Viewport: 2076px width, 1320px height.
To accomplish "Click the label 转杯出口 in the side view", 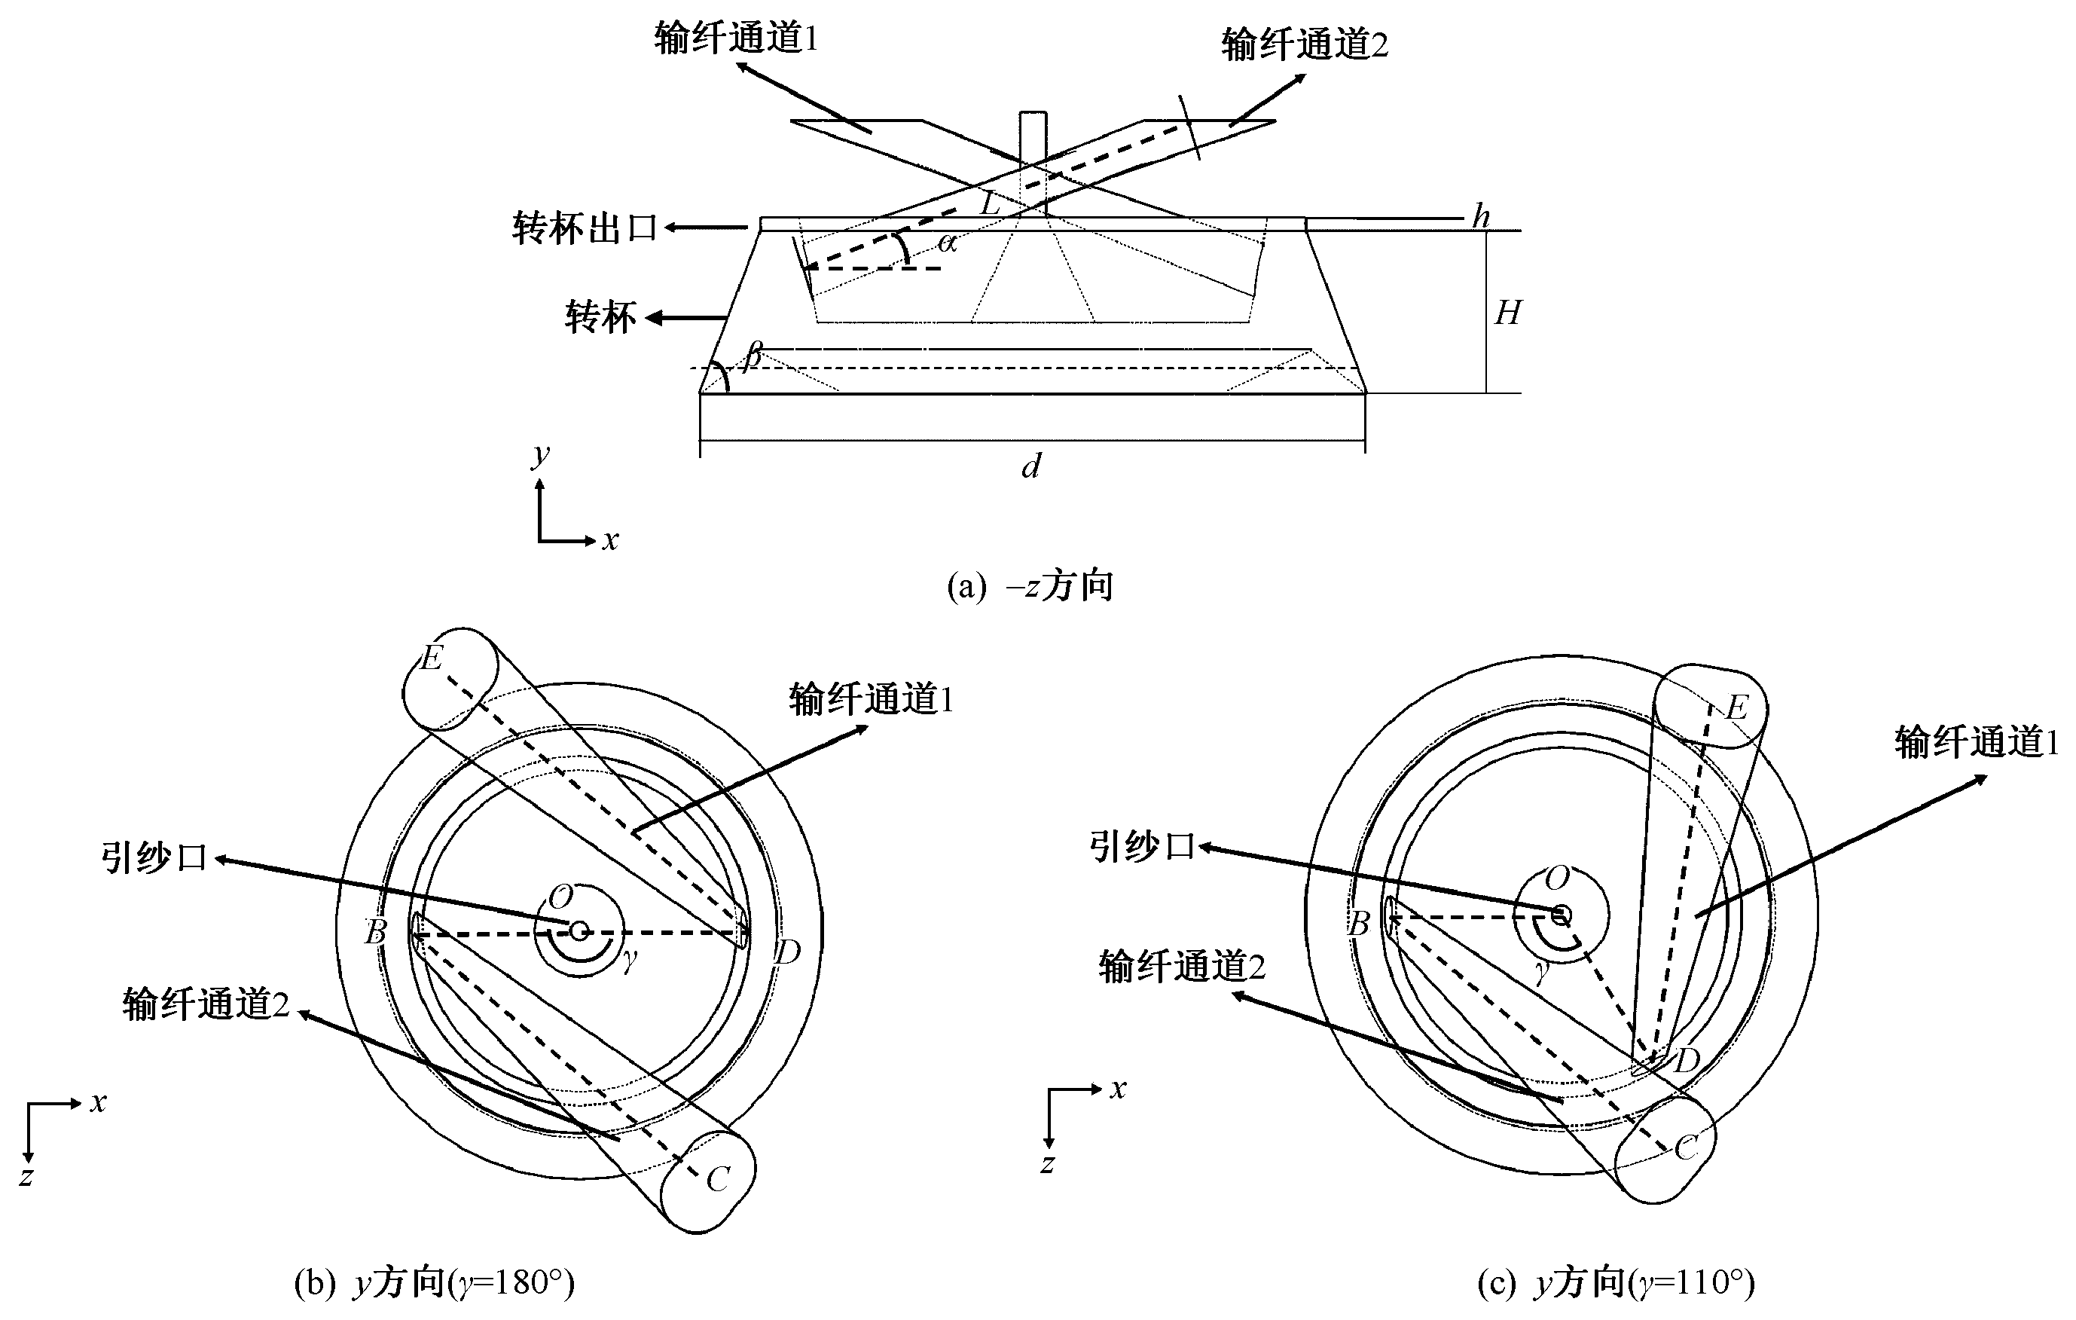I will point(585,228).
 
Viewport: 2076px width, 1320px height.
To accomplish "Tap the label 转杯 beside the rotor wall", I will point(600,317).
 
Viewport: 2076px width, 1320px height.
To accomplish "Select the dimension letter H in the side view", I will point(1508,313).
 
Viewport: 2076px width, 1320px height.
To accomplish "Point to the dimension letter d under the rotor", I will point(1031,466).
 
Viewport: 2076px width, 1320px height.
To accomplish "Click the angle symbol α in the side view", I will point(948,244).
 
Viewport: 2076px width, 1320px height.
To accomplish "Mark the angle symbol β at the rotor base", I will point(753,353).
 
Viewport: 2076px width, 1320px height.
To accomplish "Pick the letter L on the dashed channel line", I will point(990,204).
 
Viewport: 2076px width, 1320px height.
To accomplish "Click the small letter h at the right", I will point(1481,216).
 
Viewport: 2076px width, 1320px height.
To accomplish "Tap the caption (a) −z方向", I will point(1030,586).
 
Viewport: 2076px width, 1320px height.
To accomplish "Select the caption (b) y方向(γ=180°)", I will point(434,1282).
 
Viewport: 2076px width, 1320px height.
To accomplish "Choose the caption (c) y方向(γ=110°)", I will point(1615,1282).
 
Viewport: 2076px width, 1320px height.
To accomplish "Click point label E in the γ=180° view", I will point(431,658).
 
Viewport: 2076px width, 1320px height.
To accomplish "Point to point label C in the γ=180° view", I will point(717,1179).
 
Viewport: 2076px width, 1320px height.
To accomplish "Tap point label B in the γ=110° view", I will point(1359,924).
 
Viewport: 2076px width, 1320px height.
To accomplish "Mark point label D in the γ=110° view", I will point(1686,1061).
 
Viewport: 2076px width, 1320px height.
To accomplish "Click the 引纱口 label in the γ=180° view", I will point(154,858).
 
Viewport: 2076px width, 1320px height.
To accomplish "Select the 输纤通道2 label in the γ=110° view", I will point(1181,967).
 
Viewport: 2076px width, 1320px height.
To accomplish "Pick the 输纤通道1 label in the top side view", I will point(735,38).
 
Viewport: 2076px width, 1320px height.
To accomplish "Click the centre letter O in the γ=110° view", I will point(1557,878).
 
